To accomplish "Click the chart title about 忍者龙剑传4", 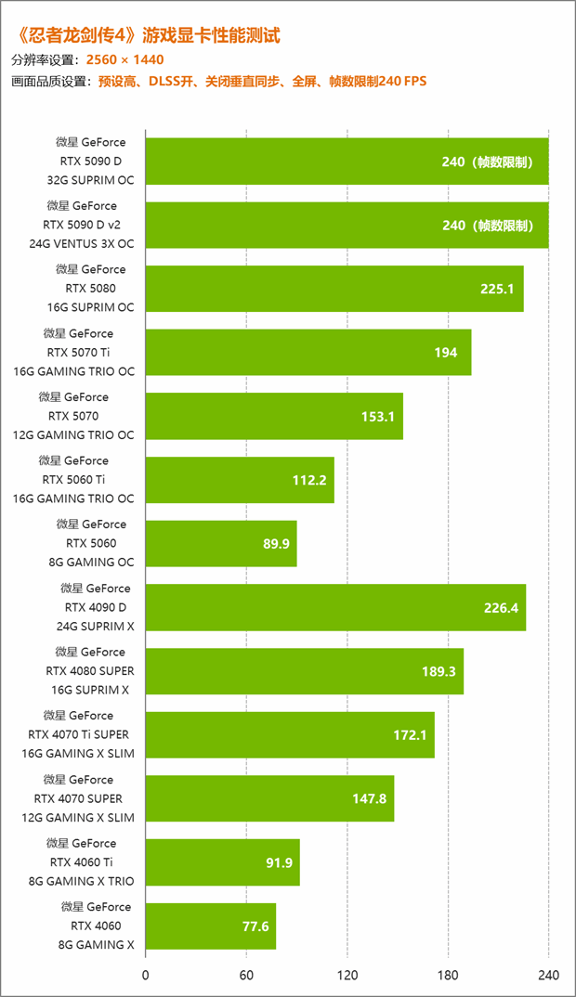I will pyautogui.click(x=149, y=36).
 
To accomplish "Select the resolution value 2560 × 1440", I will pyautogui.click(x=124, y=59).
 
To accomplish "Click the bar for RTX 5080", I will pyautogui.click(x=334, y=289).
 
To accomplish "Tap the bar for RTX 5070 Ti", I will pyautogui.click(x=308, y=352).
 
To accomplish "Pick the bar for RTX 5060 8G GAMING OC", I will pyautogui.click(x=221, y=543).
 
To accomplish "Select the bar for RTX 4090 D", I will pyautogui.click(x=335, y=607).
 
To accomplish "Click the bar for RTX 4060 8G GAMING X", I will pyautogui.click(x=211, y=926).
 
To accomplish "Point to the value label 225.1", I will pyautogui.click(x=497, y=289).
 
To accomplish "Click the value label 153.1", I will pyautogui.click(x=377, y=416).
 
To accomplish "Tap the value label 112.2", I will pyautogui.click(x=308, y=480).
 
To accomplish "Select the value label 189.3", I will pyautogui.click(x=438, y=671).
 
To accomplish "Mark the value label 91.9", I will pyautogui.click(x=279, y=862).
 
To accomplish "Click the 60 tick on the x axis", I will pyautogui.click(x=246, y=976).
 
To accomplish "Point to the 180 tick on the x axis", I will pyautogui.click(x=448, y=976).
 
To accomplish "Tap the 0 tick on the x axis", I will pyautogui.click(x=146, y=976).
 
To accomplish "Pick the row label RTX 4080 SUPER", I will pyautogui.click(x=85, y=670).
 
